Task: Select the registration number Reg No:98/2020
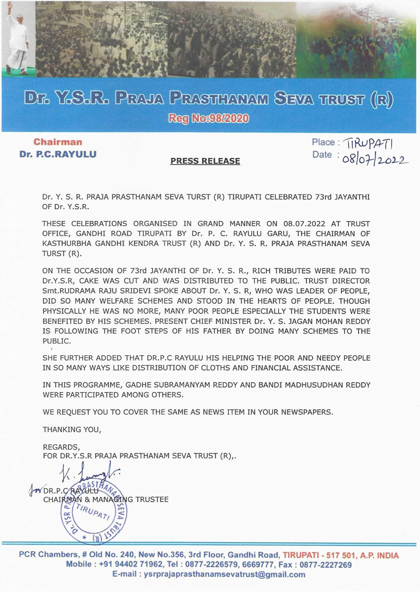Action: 210,119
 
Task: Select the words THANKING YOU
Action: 72,430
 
